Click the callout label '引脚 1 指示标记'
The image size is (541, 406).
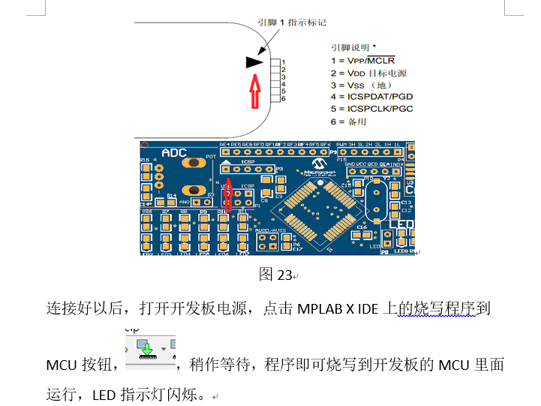click(292, 23)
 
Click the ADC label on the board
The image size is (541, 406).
click(174, 152)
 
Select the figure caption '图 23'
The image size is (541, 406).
click(275, 275)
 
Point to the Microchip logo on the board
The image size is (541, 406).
click(320, 163)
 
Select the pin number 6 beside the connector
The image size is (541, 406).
click(283, 99)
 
